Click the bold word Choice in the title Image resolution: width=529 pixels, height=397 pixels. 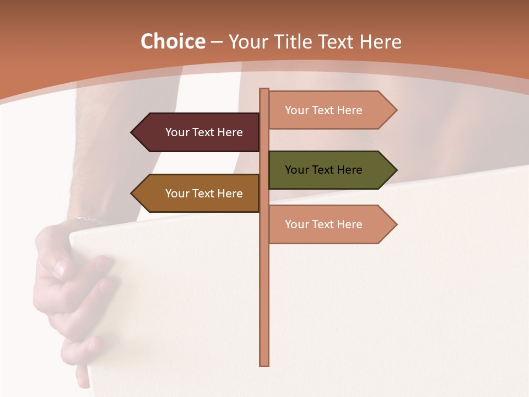pyautogui.click(x=172, y=42)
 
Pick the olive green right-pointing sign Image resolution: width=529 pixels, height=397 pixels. pyautogui.click(x=325, y=170)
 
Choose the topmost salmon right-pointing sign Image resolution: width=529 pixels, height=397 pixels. pyautogui.click(x=325, y=110)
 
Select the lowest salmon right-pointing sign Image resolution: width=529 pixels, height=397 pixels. pyautogui.click(x=325, y=224)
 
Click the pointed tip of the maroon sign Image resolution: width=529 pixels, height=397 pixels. pyautogui.click(x=133, y=132)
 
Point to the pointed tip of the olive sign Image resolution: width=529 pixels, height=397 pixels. pyautogui.click(x=395, y=170)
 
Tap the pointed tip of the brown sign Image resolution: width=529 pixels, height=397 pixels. pyautogui.click(x=133, y=194)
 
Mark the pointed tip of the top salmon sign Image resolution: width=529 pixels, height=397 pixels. pyautogui.click(x=395, y=110)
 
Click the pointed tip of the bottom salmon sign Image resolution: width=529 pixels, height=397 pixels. pyautogui.click(x=395, y=224)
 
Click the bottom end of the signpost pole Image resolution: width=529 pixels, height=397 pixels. pyautogui.click(x=264, y=364)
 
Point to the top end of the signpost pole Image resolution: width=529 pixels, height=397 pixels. pyautogui.click(x=264, y=90)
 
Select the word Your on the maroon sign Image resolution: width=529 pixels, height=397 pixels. pyautogui.click(x=177, y=132)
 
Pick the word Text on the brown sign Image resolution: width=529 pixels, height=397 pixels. pyautogui.click(x=204, y=194)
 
